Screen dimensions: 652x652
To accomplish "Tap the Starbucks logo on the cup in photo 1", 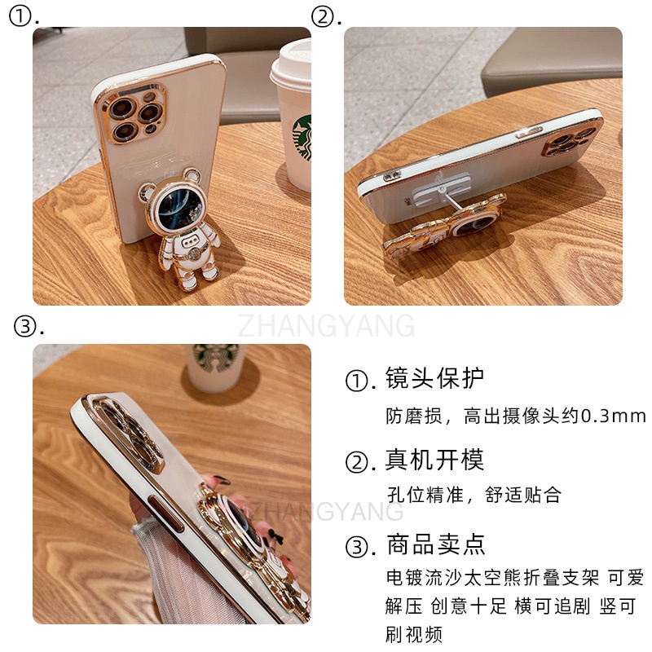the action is [x=303, y=137].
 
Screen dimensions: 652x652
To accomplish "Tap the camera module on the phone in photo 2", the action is [x=571, y=141].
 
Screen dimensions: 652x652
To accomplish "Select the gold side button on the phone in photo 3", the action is [x=166, y=513].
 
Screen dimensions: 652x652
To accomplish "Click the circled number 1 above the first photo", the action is [x=20, y=17].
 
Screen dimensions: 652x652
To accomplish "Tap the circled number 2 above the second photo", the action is [x=323, y=17].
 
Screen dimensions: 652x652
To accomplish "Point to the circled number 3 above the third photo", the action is [x=24, y=326].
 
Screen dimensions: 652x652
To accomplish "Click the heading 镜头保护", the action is [x=434, y=378].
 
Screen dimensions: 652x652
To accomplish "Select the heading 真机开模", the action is [x=434, y=460].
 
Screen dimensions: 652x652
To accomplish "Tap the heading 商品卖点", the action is [x=436, y=544].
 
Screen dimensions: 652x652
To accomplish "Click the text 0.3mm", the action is [x=613, y=416].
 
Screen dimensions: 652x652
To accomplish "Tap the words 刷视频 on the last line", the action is [x=414, y=635].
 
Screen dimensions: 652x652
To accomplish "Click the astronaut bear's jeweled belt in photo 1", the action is [x=192, y=253].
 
